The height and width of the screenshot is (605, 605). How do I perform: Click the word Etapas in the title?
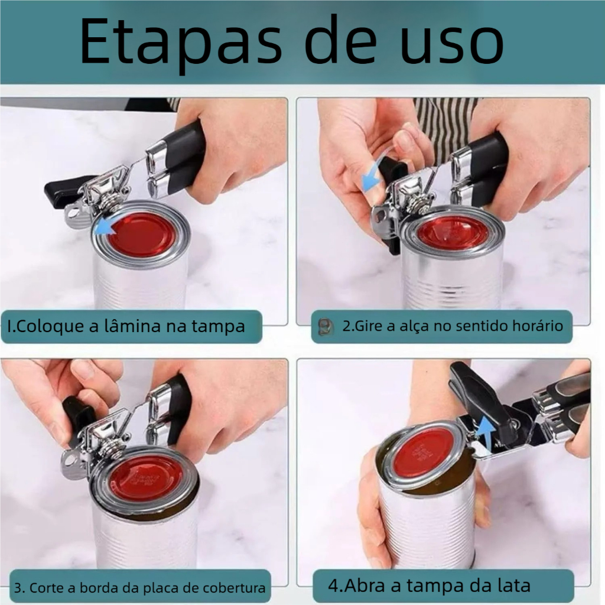tap(181, 41)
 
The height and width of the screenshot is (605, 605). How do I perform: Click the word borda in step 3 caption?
tap(99, 588)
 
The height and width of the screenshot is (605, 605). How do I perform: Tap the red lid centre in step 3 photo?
tap(146, 478)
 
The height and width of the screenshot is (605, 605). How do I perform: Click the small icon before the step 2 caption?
tap(325, 327)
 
